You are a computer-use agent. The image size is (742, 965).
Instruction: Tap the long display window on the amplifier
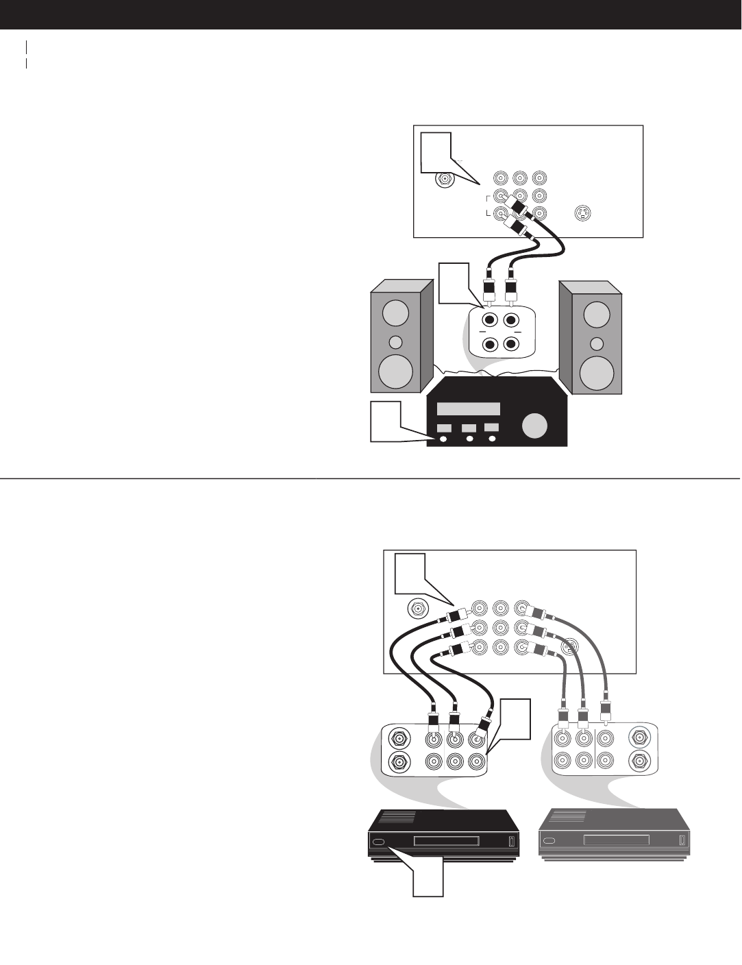point(469,408)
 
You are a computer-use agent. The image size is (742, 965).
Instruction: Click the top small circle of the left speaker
point(395,313)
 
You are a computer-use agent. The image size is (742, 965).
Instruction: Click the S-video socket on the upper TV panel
point(582,212)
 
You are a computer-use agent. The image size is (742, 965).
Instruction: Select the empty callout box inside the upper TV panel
point(436,152)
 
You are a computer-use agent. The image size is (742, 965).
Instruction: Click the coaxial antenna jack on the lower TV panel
point(417,608)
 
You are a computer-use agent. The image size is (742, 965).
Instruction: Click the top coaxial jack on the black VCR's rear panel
point(398,740)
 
